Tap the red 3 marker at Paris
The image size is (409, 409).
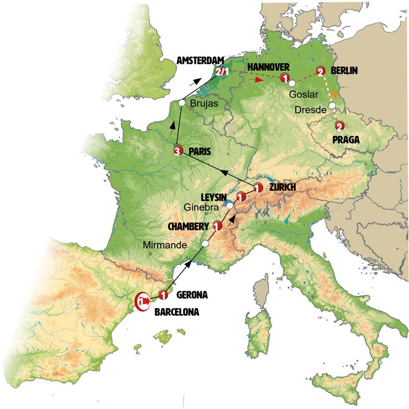(178, 151)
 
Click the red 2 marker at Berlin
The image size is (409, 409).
(320, 71)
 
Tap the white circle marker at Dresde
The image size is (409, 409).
(332, 105)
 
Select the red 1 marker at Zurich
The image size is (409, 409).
(257, 187)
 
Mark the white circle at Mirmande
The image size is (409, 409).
(205, 244)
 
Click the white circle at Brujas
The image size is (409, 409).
(181, 103)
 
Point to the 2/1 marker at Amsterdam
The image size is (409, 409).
(223, 72)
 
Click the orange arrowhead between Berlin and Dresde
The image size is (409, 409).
(334, 96)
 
